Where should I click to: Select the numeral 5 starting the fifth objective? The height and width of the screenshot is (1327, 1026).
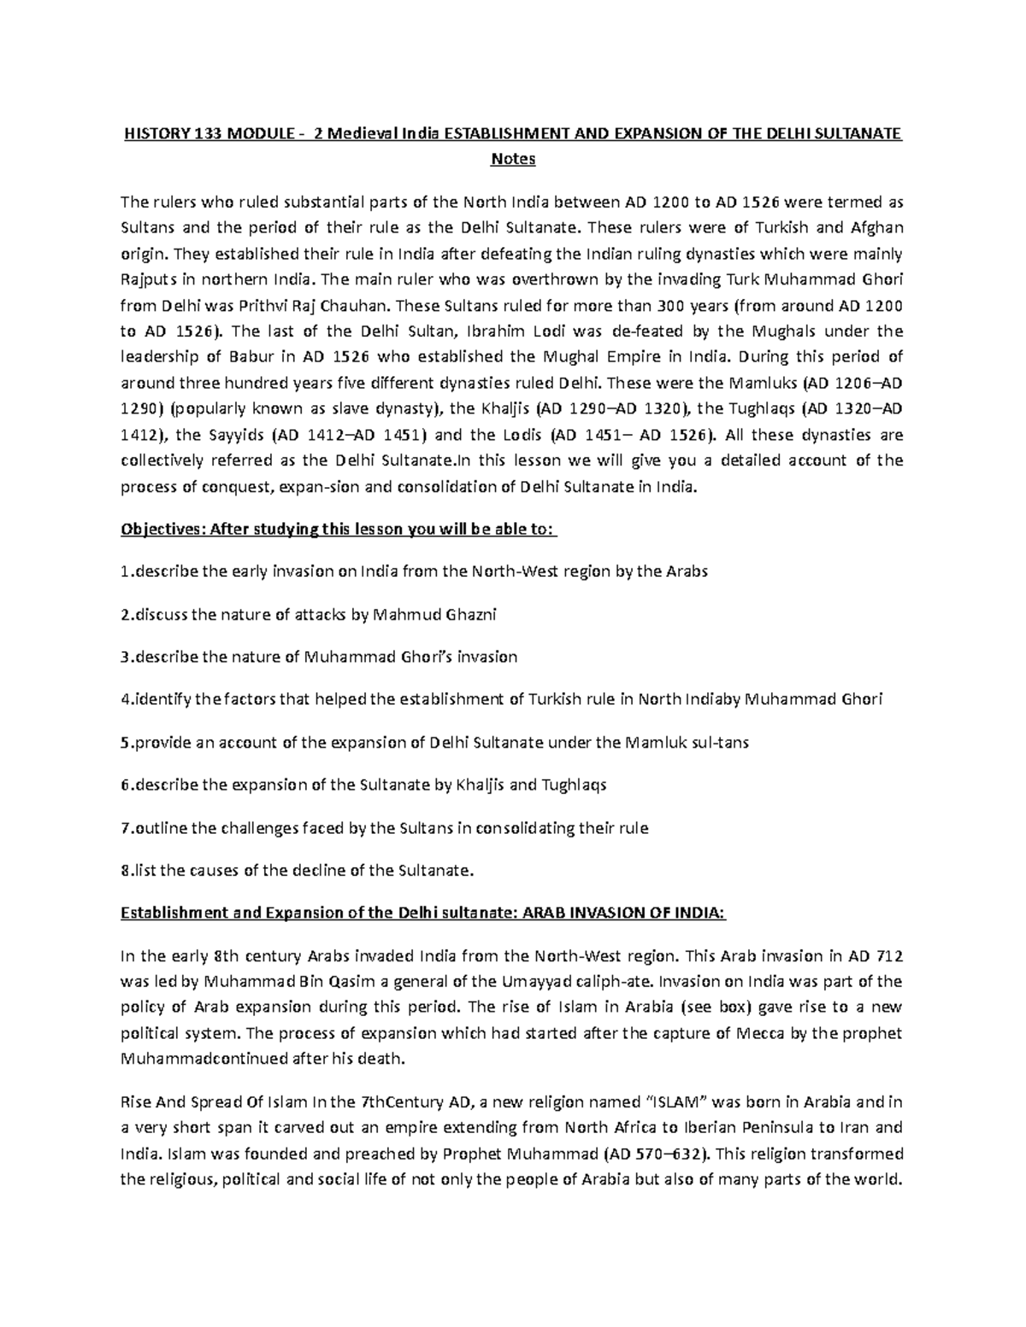pyautogui.click(x=125, y=742)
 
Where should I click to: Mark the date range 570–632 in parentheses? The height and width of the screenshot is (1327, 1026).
pyautogui.click(x=669, y=1154)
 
